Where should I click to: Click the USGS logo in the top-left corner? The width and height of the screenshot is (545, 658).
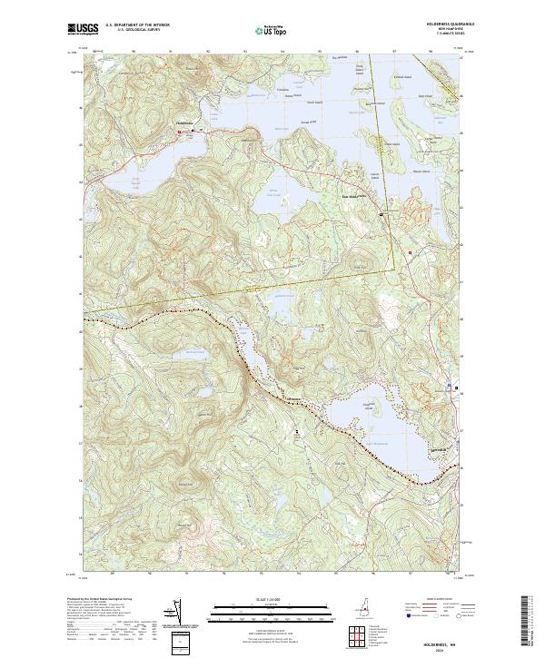coord(87,29)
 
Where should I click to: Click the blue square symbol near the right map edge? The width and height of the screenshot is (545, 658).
coord(451,386)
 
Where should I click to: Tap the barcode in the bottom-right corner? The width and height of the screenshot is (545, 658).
coord(532,625)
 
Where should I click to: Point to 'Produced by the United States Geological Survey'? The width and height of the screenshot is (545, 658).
coord(105,600)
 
